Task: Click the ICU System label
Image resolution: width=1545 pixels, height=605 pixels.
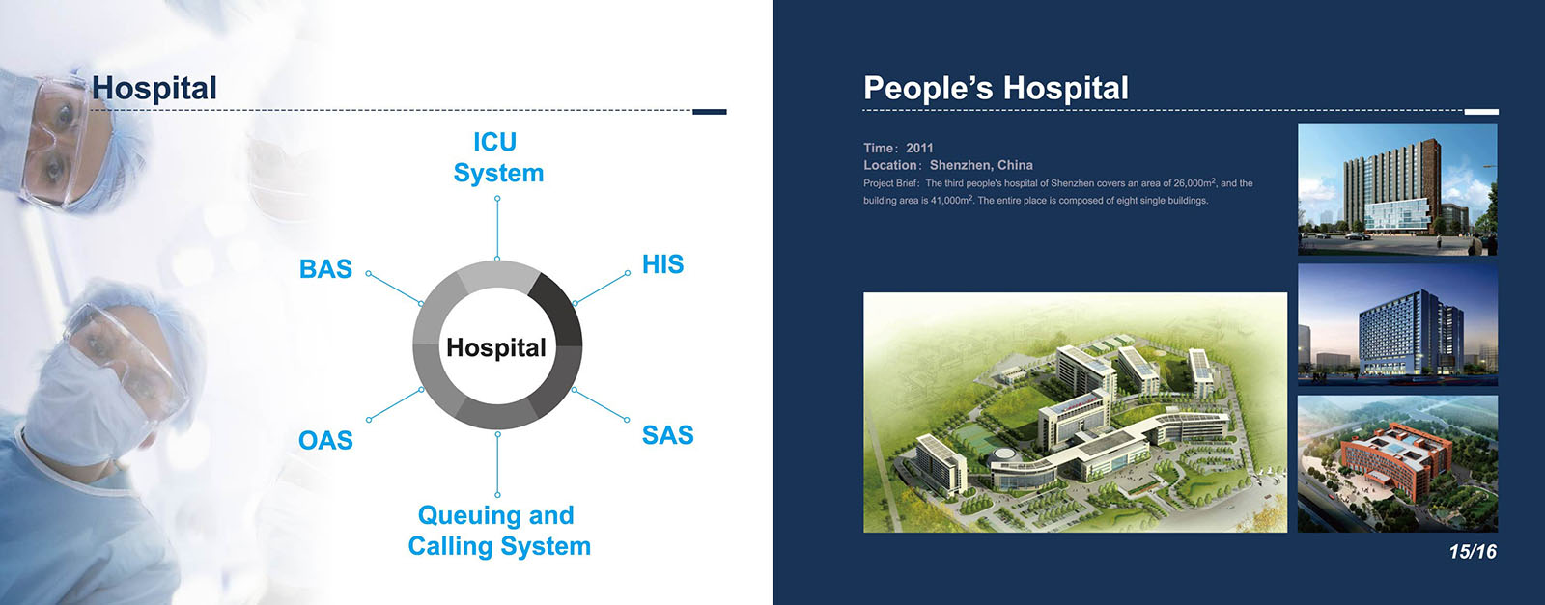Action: [x=498, y=157]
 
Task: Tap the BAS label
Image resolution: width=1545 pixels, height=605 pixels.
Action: [x=325, y=269]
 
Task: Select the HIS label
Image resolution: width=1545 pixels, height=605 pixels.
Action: [x=662, y=264]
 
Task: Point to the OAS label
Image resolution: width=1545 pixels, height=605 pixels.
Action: [x=325, y=440]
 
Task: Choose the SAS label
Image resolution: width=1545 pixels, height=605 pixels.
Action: [x=667, y=435]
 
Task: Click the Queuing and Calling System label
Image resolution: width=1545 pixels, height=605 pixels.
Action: [x=498, y=531]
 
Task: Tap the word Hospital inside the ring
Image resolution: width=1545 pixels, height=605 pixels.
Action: [x=496, y=347]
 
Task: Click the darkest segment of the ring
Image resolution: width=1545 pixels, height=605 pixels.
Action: [x=560, y=308]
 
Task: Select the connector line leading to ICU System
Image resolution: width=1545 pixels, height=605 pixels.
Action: [x=497, y=229]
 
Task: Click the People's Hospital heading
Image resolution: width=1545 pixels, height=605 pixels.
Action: [x=996, y=88]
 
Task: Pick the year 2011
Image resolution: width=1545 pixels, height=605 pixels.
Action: [x=919, y=149]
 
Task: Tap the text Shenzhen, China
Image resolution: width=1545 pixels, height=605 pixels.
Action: [x=981, y=165]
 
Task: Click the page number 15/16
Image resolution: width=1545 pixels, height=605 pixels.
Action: [x=1473, y=551]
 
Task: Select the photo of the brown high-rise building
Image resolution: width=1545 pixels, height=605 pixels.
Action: [x=1397, y=189]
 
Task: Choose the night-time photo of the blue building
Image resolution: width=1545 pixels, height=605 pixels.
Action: [x=1397, y=324]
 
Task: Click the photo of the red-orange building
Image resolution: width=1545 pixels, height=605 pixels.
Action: [x=1397, y=464]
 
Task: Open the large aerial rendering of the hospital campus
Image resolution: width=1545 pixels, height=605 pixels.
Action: [x=1076, y=412]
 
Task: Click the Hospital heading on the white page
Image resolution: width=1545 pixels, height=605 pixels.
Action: [x=154, y=88]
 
